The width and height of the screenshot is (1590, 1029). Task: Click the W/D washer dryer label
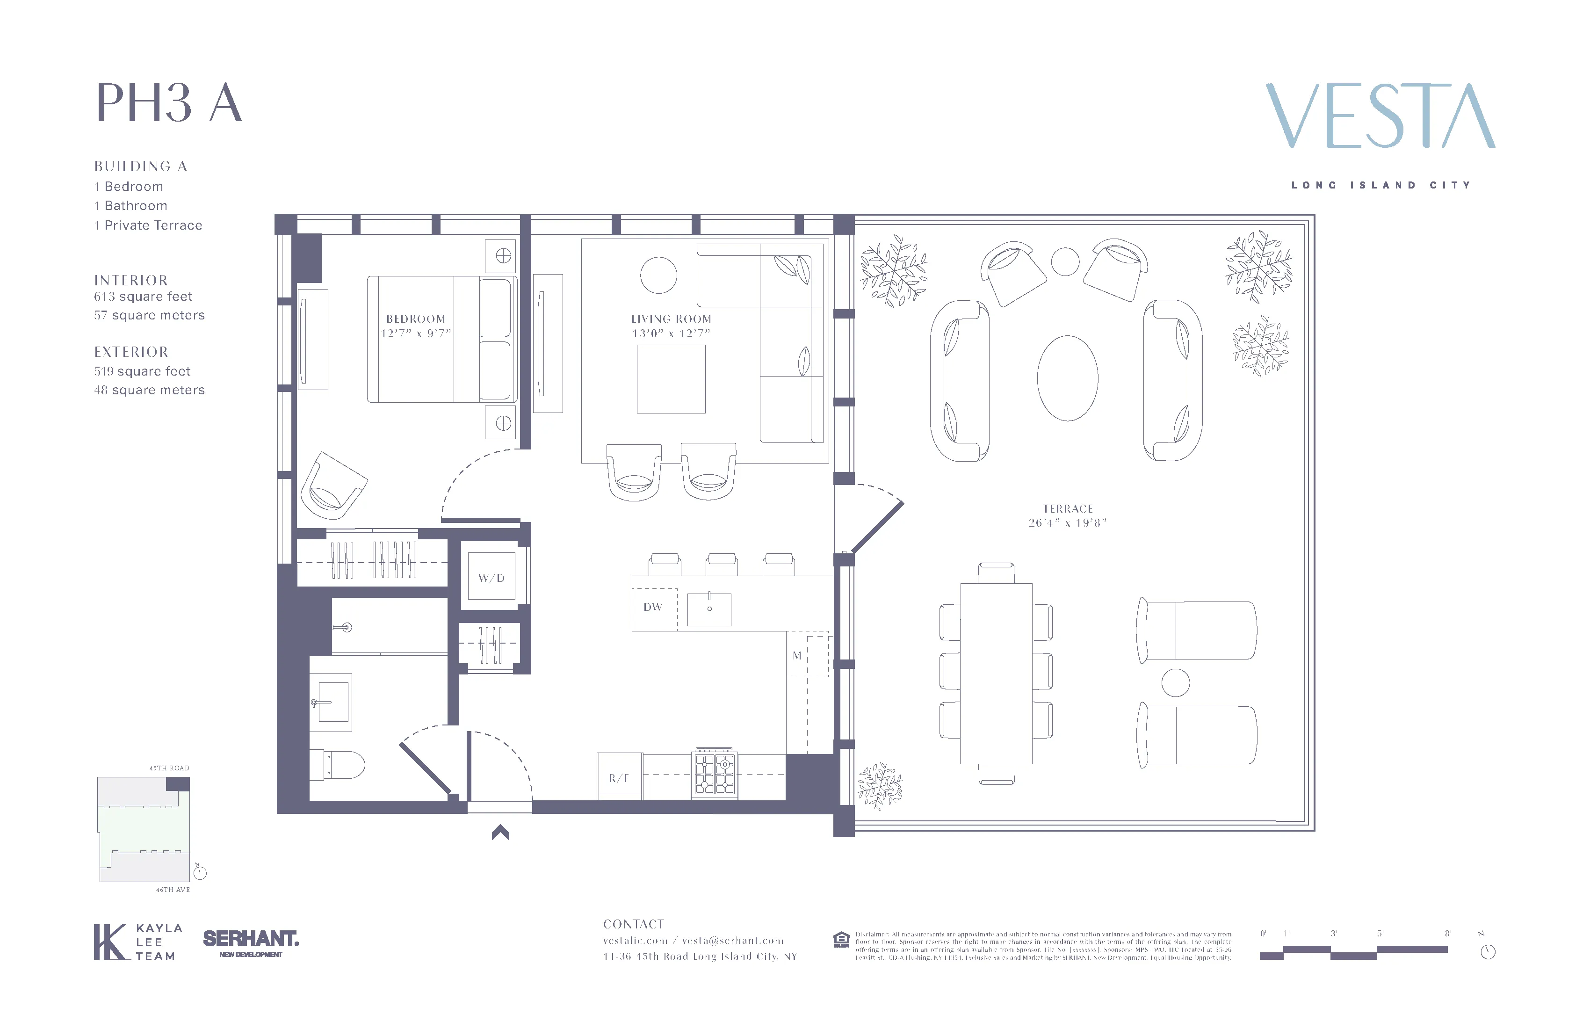491,578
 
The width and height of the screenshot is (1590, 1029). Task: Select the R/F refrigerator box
619,777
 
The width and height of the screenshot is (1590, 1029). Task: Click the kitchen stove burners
715,774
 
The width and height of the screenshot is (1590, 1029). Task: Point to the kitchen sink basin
709,609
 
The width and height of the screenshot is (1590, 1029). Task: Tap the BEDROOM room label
416,319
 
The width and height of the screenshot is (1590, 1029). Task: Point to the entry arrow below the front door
500,833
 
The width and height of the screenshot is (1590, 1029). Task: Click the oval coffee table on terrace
1068,378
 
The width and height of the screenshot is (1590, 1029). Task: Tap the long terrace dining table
996,673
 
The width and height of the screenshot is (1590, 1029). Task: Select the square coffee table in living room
671,379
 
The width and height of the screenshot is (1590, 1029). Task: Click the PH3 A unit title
169,103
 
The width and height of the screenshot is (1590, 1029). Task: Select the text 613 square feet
143,297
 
